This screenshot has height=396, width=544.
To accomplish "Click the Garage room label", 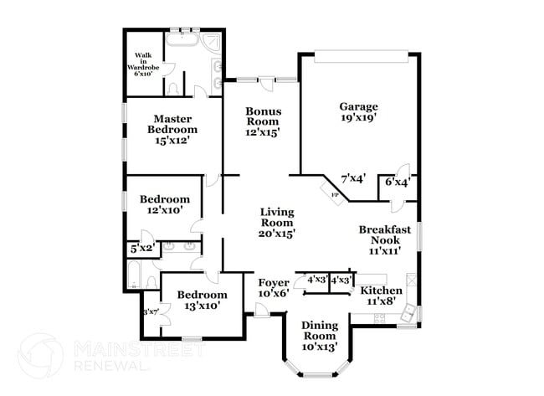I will click(x=358, y=112).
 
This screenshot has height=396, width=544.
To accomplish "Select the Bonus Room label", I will click(x=263, y=121).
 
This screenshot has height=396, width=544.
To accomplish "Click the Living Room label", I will click(x=276, y=223).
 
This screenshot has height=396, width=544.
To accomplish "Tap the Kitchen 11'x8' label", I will click(x=382, y=296).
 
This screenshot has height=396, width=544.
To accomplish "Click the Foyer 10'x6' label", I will click(x=273, y=288).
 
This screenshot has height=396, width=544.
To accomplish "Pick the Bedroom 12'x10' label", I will click(x=165, y=205).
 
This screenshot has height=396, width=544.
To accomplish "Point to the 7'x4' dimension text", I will click(x=353, y=179).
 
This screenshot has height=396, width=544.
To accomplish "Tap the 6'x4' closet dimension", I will click(x=397, y=182).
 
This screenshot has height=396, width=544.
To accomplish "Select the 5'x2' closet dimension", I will click(x=141, y=249).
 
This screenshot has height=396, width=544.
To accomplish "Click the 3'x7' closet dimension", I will click(x=151, y=313).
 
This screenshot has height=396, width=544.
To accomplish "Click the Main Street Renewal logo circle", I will click(x=41, y=355).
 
